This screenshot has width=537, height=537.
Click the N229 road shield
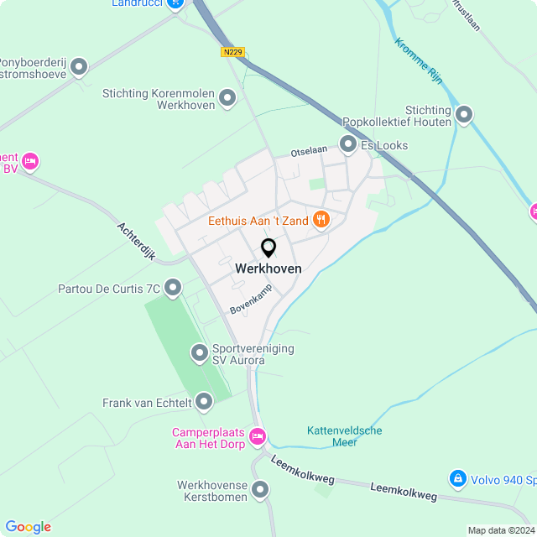coord(233,52)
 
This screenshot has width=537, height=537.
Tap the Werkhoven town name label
coord(268,268)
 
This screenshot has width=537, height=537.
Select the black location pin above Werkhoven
coord(268,248)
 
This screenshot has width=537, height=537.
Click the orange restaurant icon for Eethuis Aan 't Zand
coord(321,220)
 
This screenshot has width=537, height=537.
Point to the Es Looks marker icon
coord(348,145)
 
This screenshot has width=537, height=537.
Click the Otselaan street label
coord(307,153)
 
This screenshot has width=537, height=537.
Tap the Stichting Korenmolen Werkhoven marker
coord(227,100)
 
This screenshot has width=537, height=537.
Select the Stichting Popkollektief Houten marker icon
coord(464,114)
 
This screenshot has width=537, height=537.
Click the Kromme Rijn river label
coord(418,61)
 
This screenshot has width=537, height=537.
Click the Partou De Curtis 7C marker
coord(173,289)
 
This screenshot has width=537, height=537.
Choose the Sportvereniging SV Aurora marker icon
coord(200,353)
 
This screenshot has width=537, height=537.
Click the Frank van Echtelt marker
coord(204,403)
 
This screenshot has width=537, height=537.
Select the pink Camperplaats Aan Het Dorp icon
coord(258,435)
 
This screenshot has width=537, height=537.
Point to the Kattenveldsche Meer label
coord(344,436)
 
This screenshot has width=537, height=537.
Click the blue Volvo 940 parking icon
coord(457,479)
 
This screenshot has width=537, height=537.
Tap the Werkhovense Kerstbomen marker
coord(260,489)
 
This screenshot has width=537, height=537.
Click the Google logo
coord(28,527)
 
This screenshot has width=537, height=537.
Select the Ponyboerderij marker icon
coord(79,65)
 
